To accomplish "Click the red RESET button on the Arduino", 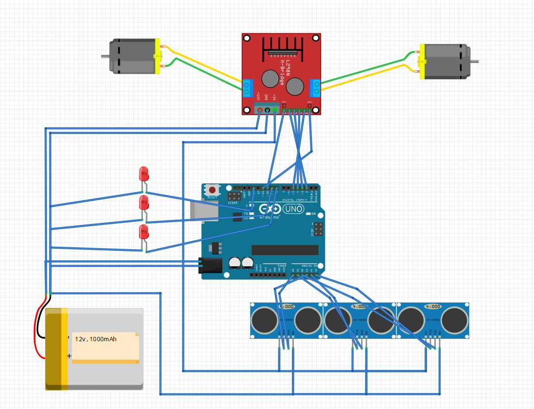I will click(212, 190).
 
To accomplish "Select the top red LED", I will click(144, 173).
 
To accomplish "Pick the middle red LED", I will click(144, 202).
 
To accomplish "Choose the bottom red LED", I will click(144, 231).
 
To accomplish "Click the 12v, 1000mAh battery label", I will click(96, 339).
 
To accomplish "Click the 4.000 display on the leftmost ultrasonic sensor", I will click(287, 306).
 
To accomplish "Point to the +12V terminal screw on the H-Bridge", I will click(260, 111).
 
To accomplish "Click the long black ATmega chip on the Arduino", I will click(285, 250).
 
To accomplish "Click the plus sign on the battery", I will click(69, 356).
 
